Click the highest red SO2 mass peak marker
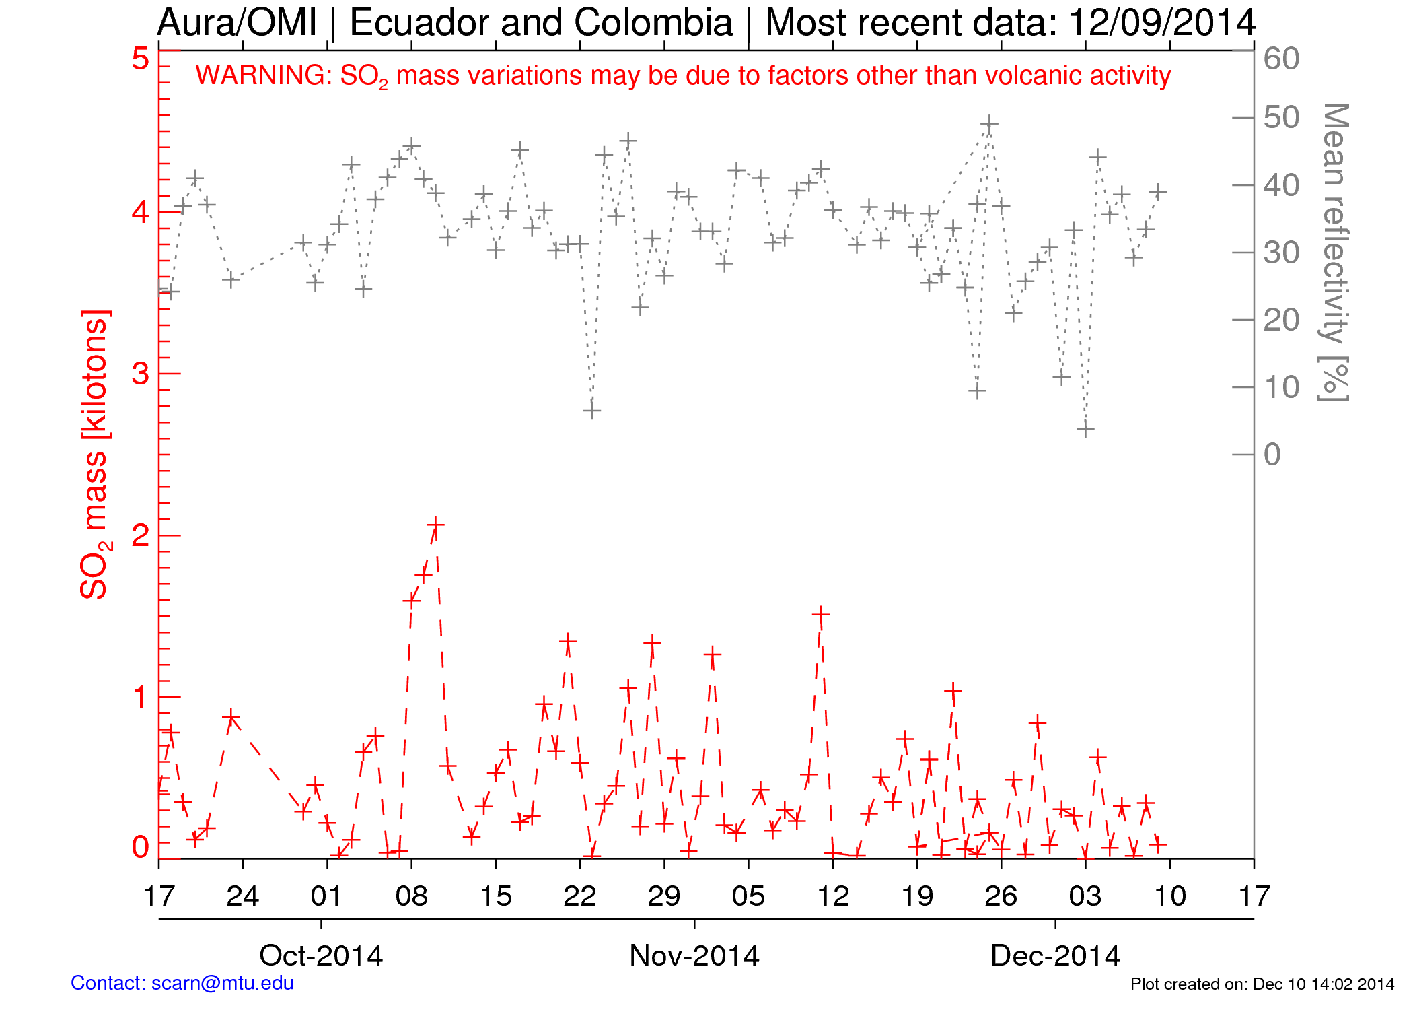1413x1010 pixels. click(x=435, y=525)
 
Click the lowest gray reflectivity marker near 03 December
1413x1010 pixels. click(x=1085, y=429)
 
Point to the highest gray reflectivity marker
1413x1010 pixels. click(x=988, y=124)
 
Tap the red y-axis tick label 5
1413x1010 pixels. click(x=140, y=59)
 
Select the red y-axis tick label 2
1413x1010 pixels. click(x=140, y=536)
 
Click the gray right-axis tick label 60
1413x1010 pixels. click(x=1281, y=59)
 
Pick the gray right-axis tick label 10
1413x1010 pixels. click(x=1281, y=388)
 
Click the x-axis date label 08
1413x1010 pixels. click(x=411, y=896)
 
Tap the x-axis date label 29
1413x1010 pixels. click(x=664, y=896)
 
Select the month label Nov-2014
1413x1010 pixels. click(x=694, y=956)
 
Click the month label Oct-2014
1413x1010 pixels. click(x=321, y=956)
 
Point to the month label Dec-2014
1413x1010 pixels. click(x=1055, y=956)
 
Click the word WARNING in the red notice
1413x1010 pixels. click(x=262, y=75)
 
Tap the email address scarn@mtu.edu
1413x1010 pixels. click(x=222, y=983)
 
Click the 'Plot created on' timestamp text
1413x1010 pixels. click(x=1262, y=984)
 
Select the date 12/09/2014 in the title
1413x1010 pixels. click(x=1161, y=23)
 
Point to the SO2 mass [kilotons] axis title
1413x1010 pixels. click(x=94, y=455)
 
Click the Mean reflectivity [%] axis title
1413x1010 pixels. click(x=1334, y=252)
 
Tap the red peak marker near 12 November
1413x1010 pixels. click(x=820, y=614)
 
